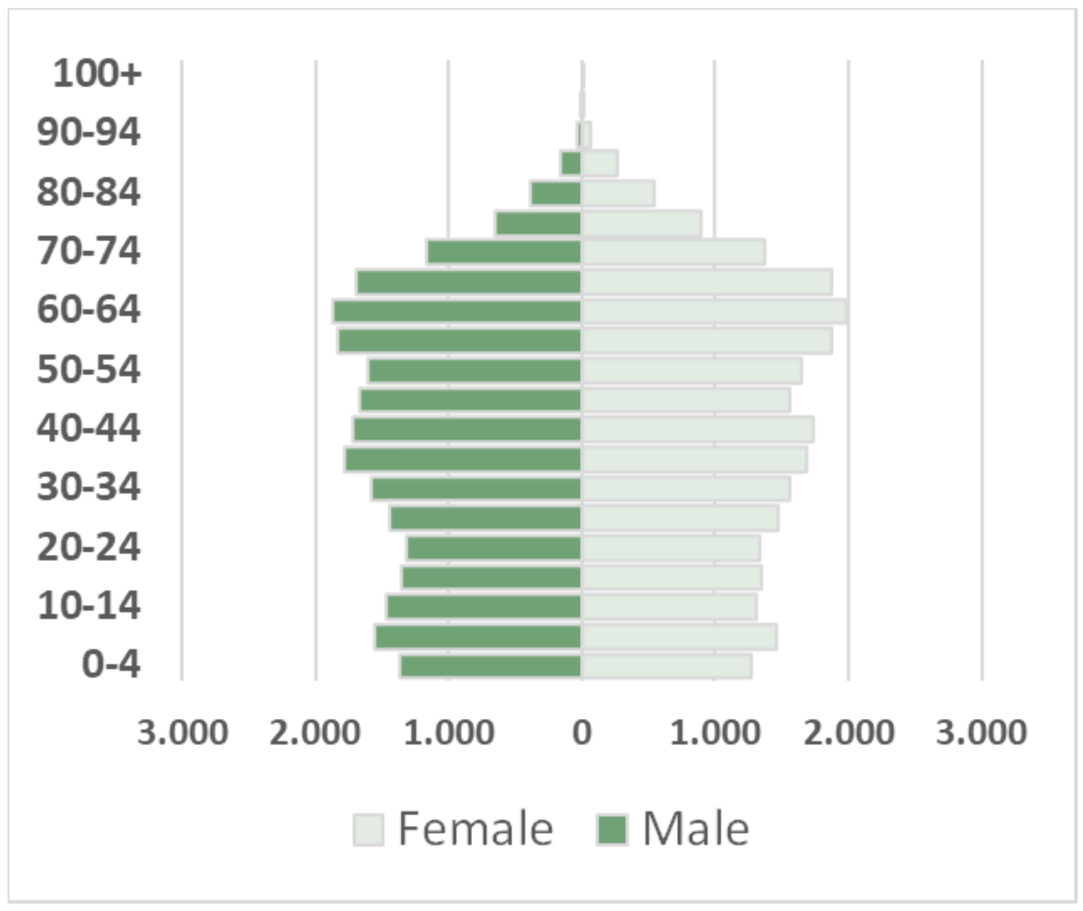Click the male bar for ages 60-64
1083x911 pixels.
(457, 312)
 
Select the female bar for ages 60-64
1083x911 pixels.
(713, 312)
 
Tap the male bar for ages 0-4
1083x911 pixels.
(491, 666)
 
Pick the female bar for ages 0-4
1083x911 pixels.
(667, 666)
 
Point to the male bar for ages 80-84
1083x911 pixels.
(556, 193)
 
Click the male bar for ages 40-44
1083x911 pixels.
(467, 429)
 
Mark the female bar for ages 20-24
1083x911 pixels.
(671, 548)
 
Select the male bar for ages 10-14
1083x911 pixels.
(484, 607)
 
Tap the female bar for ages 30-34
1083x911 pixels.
(686, 489)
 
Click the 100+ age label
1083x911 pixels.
(97, 73)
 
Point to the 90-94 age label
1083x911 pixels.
(88, 132)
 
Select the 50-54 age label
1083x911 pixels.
(88, 369)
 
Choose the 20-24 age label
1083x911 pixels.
(88, 548)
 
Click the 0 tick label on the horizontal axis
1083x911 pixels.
(582, 732)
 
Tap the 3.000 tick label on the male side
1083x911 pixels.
(182, 732)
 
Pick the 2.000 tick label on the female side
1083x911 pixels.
(848, 732)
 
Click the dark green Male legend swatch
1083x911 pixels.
(612, 829)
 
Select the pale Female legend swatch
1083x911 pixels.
(368, 829)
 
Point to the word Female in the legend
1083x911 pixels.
(475, 829)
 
